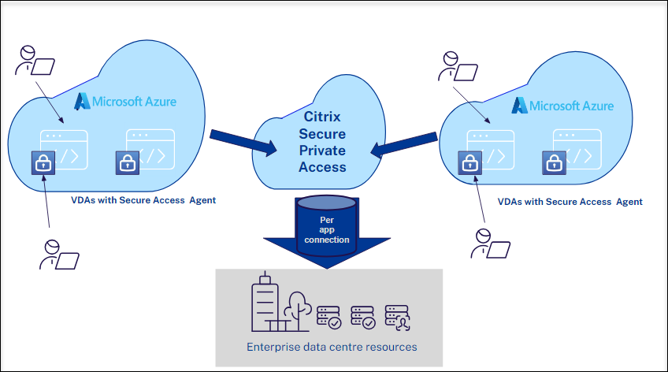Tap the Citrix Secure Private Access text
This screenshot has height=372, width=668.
pyautogui.click(x=322, y=141)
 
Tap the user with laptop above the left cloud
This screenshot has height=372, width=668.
pyautogui.click(x=35, y=62)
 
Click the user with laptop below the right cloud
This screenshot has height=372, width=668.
pyautogui.click(x=489, y=244)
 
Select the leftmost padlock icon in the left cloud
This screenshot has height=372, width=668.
pyautogui.click(x=42, y=163)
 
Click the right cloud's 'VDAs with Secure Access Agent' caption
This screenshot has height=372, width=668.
pyautogui.click(x=570, y=202)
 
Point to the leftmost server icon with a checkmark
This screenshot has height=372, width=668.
pyautogui.click(x=328, y=316)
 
